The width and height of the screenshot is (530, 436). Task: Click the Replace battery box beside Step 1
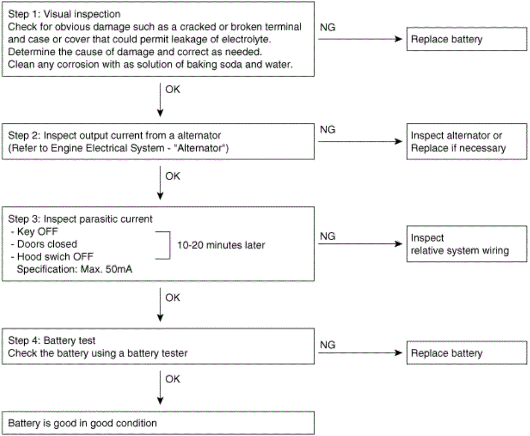[x=466, y=39]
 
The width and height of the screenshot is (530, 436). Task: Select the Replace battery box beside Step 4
[x=466, y=353]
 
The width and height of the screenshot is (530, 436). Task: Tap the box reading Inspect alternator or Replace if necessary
[x=466, y=141]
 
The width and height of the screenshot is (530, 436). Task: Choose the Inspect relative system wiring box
[x=466, y=244]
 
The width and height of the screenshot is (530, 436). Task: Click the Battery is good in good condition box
[x=158, y=423]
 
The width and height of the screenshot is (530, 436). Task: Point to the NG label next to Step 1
[x=327, y=27]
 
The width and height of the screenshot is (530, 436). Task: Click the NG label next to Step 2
[x=327, y=129]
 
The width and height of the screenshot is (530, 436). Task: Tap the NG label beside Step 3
[x=327, y=236]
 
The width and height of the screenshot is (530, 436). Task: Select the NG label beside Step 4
[x=327, y=344]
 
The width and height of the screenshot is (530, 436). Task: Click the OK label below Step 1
[x=172, y=89]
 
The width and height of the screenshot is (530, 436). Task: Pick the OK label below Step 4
[x=172, y=379]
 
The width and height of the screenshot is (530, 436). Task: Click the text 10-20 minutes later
[x=221, y=245]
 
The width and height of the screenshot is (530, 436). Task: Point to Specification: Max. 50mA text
[x=74, y=269]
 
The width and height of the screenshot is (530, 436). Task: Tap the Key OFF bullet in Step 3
[x=34, y=231]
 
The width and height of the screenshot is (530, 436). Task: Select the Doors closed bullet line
[x=44, y=244]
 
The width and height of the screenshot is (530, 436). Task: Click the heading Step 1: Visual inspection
[x=64, y=14]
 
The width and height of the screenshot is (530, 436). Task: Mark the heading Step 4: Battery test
[x=52, y=340]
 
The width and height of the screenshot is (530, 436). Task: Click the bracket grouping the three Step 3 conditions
[x=170, y=245]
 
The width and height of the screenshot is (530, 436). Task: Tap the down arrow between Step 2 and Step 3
[x=160, y=183]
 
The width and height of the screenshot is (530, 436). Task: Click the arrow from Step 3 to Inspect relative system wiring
[x=360, y=244]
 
